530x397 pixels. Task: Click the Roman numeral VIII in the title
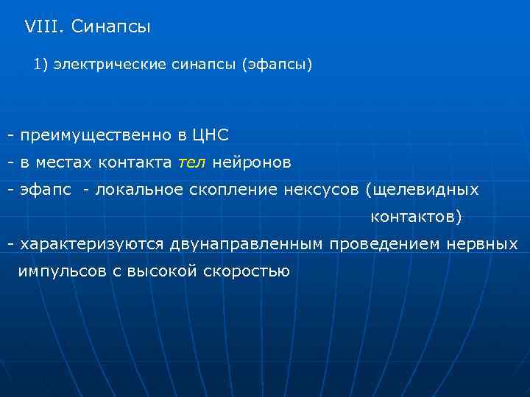coord(44,28)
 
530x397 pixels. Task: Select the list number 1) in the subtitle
coord(40,65)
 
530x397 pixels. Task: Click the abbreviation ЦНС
coord(211,135)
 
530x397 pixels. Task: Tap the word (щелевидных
coord(422,190)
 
